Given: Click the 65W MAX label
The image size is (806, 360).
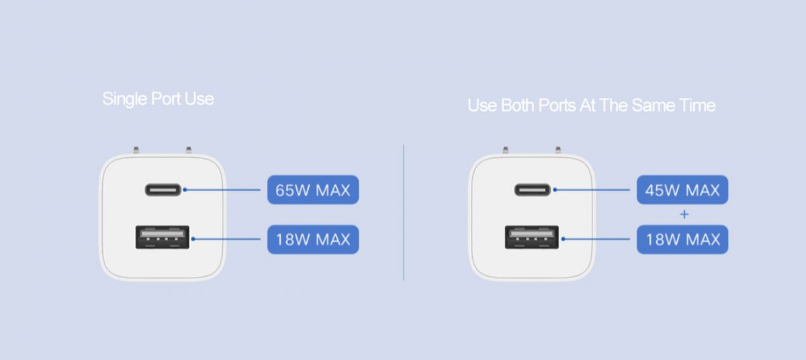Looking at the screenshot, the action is pyautogui.click(x=313, y=189).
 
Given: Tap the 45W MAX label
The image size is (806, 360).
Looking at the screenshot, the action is pyautogui.click(x=682, y=189).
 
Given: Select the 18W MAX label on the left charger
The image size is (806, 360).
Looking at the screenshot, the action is pyautogui.click(x=313, y=239).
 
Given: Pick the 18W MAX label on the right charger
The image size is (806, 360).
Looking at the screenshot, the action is pyautogui.click(x=682, y=239).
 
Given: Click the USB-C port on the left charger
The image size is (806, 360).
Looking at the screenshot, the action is pyautogui.click(x=163, y=189).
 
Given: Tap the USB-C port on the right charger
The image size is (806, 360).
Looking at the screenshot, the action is pyautogui.click(x=532, y=189).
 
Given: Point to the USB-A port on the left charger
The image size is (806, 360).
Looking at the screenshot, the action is pyautogui.click(x=163, y=237).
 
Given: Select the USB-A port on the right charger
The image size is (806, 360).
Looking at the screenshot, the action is pyautogui.click(x=532, y=237).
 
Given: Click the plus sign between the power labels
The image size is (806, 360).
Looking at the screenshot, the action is pyautogui.click(x=684, y=214).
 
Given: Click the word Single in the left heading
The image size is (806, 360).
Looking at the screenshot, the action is pyautogui.click(x=124, y=99).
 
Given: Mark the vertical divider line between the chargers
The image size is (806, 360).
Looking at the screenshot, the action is pyautogui.click(x=404, y=212).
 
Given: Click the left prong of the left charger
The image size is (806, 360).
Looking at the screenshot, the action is pyautogui.click(x=136, y=150).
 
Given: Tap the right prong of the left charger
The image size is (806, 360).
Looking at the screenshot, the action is pyautogui.click(x=189, y=150).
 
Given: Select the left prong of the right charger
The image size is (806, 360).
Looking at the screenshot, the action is pyautogui.click(x=506, y=150).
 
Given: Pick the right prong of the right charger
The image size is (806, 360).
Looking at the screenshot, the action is pyautogui.click(x=558, y=150).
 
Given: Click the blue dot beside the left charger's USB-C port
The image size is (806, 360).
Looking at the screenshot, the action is pyautogui.click(x=185, y=189).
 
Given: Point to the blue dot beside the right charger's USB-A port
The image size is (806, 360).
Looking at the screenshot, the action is pyautogui.click(x=563, y=239).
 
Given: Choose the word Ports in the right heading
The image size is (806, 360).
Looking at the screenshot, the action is pyautogui.click(x=557, y=105).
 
